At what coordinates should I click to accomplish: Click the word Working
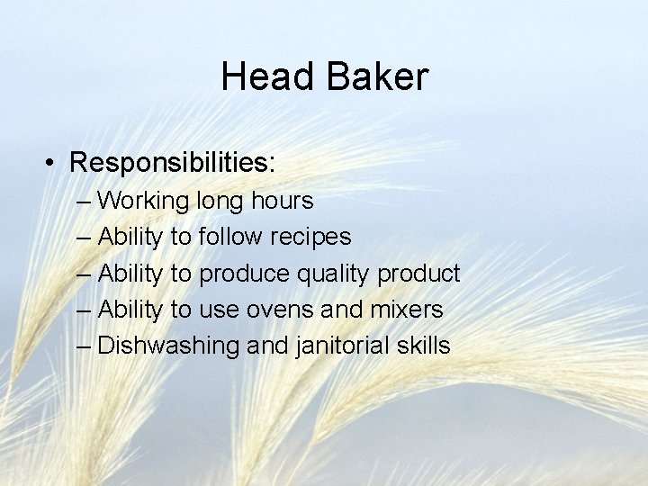coord(143,201)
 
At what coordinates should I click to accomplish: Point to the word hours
coord(283,200)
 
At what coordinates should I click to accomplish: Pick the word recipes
coord(312,237)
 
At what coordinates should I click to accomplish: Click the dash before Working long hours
coord(85,201)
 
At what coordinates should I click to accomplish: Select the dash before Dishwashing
coord(85,346)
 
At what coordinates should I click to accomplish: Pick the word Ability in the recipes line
coord(130,237)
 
